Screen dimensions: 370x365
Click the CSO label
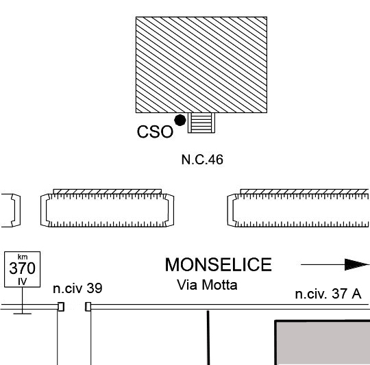[x=155, y=131]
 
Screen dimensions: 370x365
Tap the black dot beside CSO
[x=180, y=121]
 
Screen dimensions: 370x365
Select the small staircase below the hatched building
[x=201, y=123]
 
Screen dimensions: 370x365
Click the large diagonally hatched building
[x=201, y=64]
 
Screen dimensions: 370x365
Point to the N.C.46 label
[x=202, y=160]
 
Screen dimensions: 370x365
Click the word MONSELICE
[x=219, y=264]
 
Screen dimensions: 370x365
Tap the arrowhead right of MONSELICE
[x=357, y=264]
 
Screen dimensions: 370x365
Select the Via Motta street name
[x=207, y=285]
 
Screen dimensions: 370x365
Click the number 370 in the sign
[x=23, y=268]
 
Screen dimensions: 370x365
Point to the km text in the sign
[x=23, y=257]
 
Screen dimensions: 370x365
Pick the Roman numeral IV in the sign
[x=23, y=281]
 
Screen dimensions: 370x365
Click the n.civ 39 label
[x=77, y=288]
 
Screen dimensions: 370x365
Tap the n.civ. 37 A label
[x=328, y=294]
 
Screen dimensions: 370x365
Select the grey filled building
[x=322, y=342]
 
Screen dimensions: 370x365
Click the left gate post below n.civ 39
[x=61, y=307]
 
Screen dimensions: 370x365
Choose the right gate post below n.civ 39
[x=88, y=307]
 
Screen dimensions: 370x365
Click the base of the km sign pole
[x=23, y=314]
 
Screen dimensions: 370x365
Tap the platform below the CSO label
[x=108, y=208]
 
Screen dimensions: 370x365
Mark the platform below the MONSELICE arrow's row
[x=298, y=208]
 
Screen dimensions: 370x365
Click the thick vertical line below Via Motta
[x=208, y=338]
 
